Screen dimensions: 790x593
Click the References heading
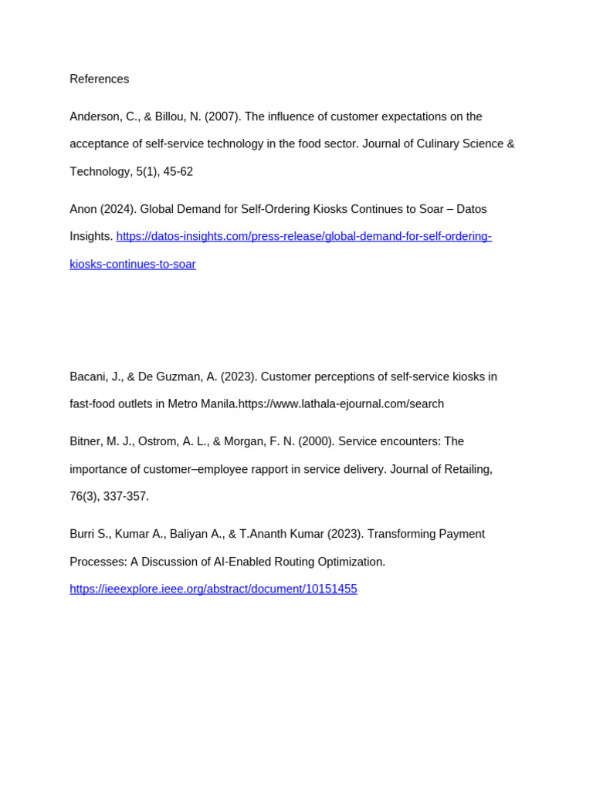pos(100,79)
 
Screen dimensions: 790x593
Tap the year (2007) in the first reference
pos(223,117)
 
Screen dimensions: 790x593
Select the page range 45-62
pos(178,172)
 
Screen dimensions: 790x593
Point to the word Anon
pos(83,210)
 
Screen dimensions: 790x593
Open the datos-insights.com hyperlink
pos(303,237)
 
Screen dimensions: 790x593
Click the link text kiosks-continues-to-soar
pos(133,265)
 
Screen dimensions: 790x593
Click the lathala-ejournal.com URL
pos(341,404)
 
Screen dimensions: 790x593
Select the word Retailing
pos(466,470)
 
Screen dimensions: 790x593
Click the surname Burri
pos(83,535)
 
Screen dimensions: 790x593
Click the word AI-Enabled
pos(241,562)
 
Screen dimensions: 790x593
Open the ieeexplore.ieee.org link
pos(213,589)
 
